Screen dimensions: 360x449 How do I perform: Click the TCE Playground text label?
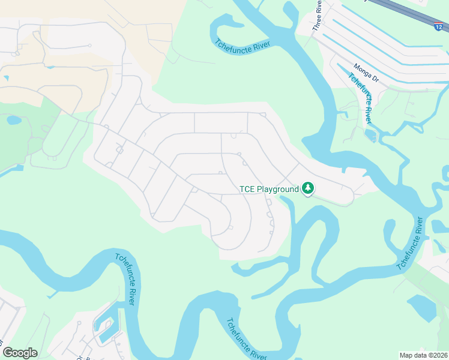tap(269, 189)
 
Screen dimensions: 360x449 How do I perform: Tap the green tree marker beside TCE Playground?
tap(308, 188)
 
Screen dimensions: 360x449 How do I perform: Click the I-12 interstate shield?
tap(440, 26)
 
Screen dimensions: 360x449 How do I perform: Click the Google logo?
tap(20, 353)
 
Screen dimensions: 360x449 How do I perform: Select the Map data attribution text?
tap(423, 355)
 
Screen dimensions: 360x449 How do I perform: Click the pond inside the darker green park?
tap(13, 120)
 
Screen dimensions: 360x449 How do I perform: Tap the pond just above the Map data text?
tap(423, 308)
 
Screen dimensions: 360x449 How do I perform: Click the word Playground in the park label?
tap(278, 189)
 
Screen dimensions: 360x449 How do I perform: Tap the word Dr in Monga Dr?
tap(375, 78)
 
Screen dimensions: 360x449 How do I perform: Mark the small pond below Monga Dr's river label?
tap(370, 135)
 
